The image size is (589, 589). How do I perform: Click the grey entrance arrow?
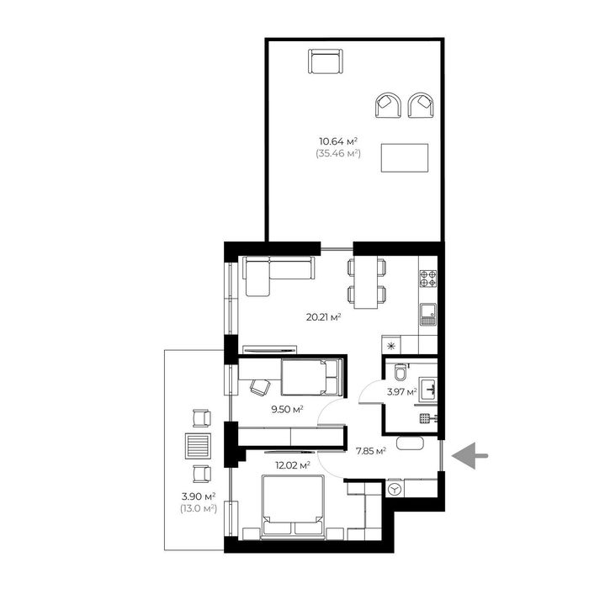470,456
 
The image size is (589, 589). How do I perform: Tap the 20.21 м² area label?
323,317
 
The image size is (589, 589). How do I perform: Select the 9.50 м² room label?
288,409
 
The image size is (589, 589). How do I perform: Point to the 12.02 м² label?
293,465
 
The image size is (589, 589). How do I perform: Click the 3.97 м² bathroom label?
402,392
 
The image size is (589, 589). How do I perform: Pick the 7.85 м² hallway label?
371,451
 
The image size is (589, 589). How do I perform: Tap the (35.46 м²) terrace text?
338,153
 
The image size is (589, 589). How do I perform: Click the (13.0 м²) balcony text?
199,508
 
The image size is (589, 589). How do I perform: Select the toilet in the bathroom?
400,372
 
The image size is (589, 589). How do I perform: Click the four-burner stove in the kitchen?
428,279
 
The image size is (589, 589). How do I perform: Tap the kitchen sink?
428,315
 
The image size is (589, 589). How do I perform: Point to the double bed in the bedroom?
293,507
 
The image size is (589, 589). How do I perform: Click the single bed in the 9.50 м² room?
312,377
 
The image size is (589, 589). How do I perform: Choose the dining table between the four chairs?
366,282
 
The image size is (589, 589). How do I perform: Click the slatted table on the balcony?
198,446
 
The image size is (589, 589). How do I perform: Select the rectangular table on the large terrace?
405,158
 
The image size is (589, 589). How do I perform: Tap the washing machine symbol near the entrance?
395,490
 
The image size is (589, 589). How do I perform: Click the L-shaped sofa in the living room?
279,276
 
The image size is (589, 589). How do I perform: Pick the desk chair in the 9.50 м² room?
260,387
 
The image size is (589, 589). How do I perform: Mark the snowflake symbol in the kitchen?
391,346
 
